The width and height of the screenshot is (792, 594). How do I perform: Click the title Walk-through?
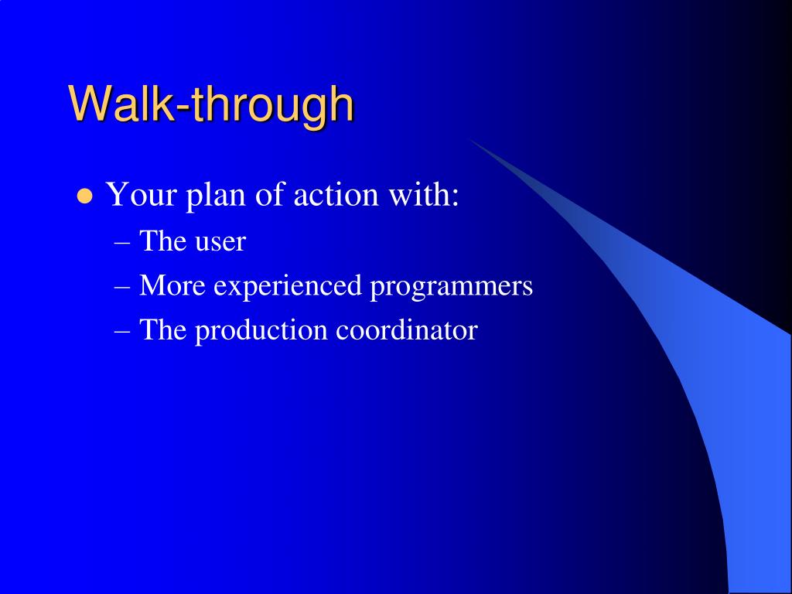pyautogui.click(x=211, y=104)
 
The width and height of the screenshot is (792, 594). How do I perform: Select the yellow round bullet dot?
pyautogui.click(x=85, y=196)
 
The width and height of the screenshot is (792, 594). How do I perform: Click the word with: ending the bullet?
pyautogui.click(x=423, y=193)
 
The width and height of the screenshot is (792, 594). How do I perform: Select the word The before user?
pyautogui.click(x=162, y=241)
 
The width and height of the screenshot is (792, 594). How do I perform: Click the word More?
pyautogui.click(x=172, y=285)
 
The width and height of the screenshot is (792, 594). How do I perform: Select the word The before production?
pyautogui.click(x=162, y=329)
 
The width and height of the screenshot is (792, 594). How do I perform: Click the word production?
pyautogui.click(x=261, y=331)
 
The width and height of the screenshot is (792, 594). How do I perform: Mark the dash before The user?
pyautogui.click(x=122, y=244)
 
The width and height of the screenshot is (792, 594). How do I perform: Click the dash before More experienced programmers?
pyautogui.click(x=122, y=288)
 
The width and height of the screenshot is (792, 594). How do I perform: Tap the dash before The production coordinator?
pyautogui.click(x=122, y=333)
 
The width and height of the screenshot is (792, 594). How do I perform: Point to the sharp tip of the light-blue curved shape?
pyautogui.click(x=469, y=139)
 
